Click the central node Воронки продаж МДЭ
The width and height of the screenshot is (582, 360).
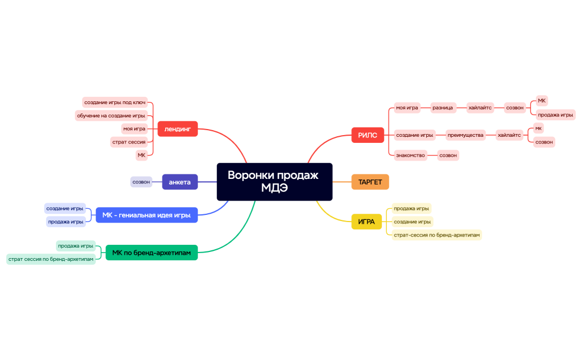click(274, 182)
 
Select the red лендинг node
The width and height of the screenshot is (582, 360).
click(177, 129)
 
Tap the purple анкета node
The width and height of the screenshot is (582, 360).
click(180, 182)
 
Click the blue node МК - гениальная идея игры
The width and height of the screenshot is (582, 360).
click(146, 215)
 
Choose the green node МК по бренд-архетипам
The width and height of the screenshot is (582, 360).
click(151, 253)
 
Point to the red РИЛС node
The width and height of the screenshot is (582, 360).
click(367, 135)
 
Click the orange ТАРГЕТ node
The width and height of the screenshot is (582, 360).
click(370, 182)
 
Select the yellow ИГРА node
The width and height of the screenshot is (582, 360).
click(366, 222)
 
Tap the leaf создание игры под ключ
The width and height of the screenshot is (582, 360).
click(115, 102)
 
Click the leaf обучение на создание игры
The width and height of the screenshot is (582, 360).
click(111, 116)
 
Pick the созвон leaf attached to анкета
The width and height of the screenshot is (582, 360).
click(141, 182)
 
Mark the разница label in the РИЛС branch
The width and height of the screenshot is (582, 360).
click(443, 107)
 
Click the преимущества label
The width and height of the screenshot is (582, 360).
click(465, 135)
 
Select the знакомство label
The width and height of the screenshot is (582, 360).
click(410, 156)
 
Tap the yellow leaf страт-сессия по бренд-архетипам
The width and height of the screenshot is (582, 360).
click(436, 235)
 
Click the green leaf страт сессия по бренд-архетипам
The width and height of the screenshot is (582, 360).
click(50, 259)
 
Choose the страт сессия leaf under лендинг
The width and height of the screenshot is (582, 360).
click(129, 142)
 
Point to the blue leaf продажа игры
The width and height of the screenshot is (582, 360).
click(65, 222)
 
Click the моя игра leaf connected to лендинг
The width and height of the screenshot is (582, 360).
click(134, 128)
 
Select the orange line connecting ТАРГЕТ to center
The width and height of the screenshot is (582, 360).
click(341, 182)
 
